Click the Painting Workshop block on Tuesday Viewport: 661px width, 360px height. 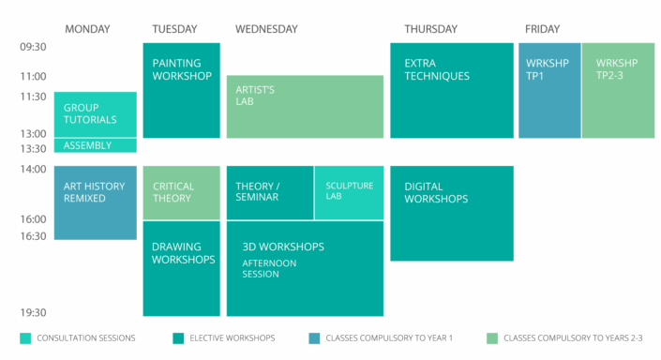coord(181,90)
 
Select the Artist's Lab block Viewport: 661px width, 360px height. coord(305,107)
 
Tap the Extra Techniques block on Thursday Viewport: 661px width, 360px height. coord(451,90)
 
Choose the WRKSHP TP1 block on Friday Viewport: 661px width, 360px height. coord(549,90)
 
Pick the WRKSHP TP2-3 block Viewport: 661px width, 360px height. coord(618,90)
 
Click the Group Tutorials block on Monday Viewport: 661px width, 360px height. coord(95,113)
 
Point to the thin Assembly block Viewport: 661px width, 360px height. coord(95,145)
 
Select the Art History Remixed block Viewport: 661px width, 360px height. coord(95,202)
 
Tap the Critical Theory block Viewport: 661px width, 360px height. coord(181,192)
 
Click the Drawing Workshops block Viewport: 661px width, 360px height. coord(181,268)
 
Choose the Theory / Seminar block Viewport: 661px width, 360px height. coord(270,192)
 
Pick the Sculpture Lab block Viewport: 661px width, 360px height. coord(349,192)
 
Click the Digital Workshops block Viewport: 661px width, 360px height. coord(451,213)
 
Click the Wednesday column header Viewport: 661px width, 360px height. coord(266,29)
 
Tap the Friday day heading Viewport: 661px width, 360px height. coord(542,29)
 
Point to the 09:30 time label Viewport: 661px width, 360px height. coord(33,46)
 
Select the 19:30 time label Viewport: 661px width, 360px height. coord(33,312)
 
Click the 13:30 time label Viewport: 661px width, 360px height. coord(33,149)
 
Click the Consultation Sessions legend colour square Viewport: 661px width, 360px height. coord(24,337)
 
